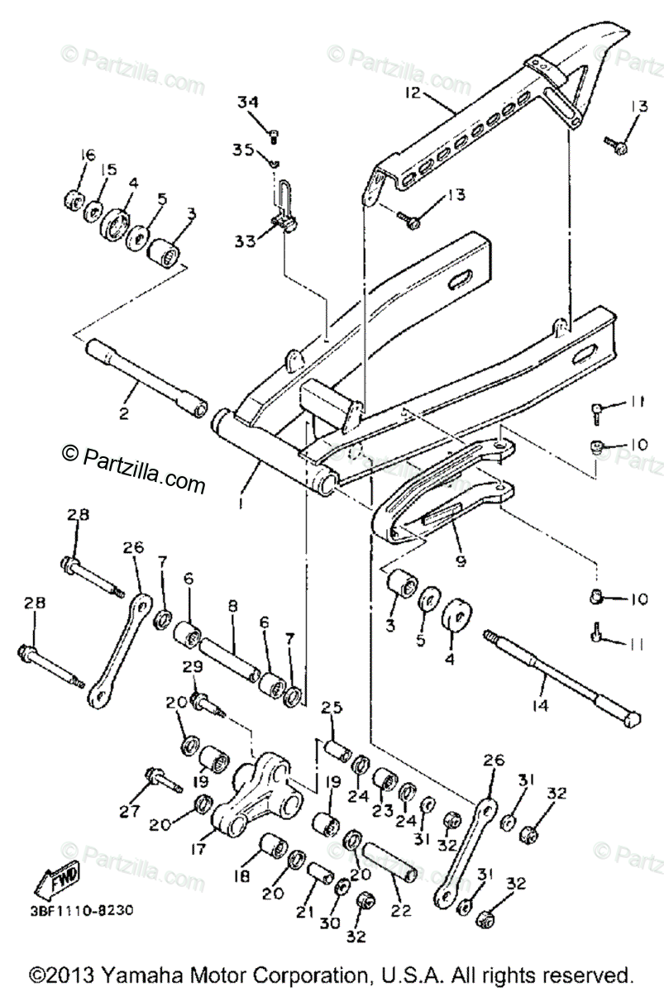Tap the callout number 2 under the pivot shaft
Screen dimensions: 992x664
tap(123, 413)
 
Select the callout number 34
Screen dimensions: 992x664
tap(248, 103)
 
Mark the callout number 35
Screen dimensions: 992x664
tap(242, 150)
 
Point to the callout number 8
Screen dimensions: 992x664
tap(232, 606)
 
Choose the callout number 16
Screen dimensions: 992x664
tap(88, 155)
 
